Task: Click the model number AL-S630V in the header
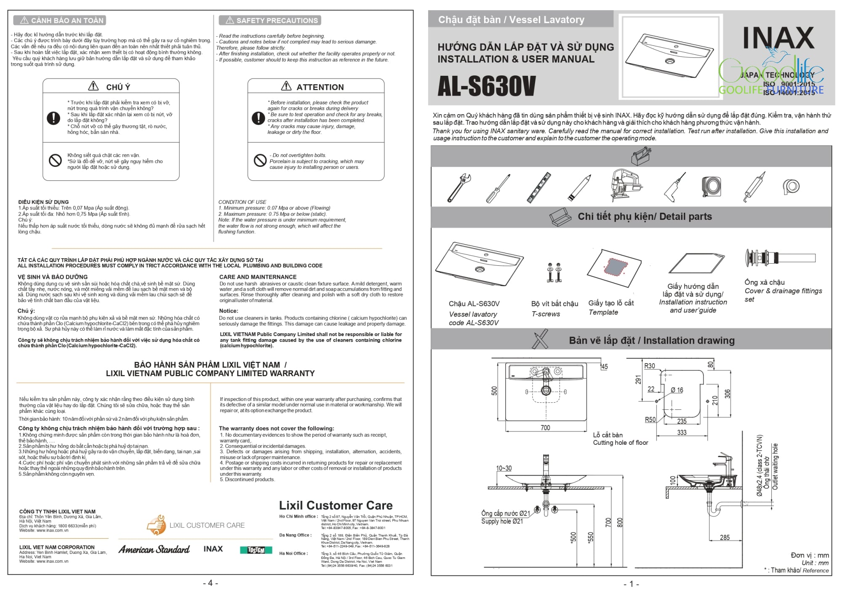pos(486,86)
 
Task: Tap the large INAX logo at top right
pos(778,38)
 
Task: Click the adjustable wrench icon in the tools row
pos(459,187)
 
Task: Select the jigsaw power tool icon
pos(625,185)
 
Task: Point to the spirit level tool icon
pos(539,187)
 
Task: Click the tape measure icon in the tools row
pos(711,186)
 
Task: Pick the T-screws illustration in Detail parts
pos(554,273)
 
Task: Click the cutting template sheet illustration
pos(615,268)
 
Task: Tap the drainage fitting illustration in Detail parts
pos(780,257)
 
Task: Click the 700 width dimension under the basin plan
pos(545,428)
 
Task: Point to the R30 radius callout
pos(650,366)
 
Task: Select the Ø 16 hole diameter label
pos(677,390)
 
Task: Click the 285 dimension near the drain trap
pos(725,537)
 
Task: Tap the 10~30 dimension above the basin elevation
pos(504,468)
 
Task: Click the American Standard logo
pos(154,549)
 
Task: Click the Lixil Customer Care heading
pos(336,505)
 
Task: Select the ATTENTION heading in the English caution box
pos(320,87)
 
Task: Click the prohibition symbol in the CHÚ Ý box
pos(55,160)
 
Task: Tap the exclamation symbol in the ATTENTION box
pos(258,118)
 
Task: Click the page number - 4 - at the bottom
pos(210,583)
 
